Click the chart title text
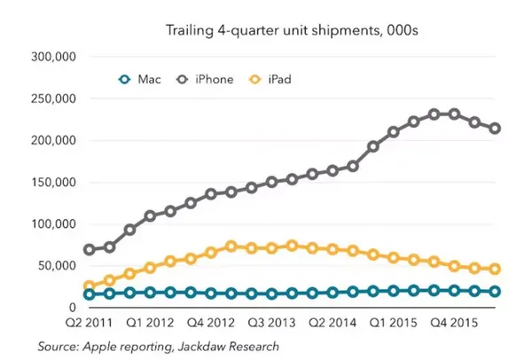click(292, 31)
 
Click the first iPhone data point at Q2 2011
click(90, 250)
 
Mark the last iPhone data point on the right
click(495, 129)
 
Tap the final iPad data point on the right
click(495, 269)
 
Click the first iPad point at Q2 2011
click(90, 286)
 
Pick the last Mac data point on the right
click(495, 292)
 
